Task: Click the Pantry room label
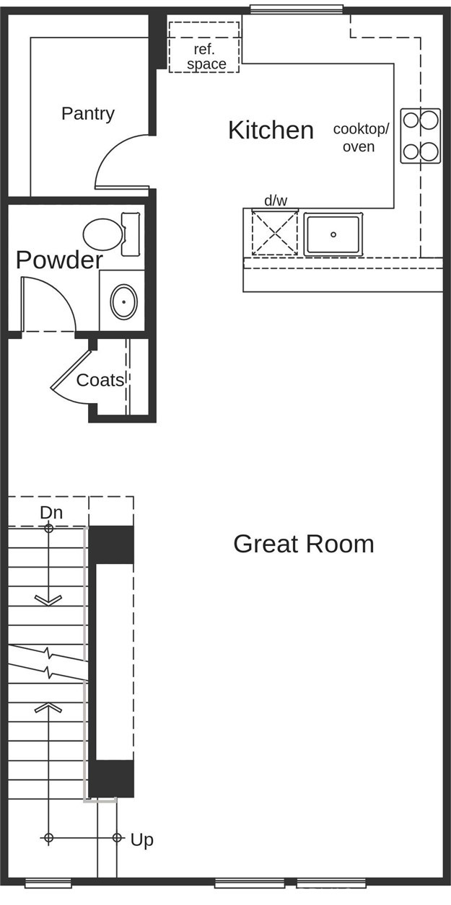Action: (88, 114)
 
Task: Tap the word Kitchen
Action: (271, 130)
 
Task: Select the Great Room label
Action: (304, 544)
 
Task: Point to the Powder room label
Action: (59, 260)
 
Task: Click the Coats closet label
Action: (100, 380)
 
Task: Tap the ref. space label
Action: (206, 56)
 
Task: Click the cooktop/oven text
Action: (361, 138)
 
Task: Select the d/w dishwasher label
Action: (276, 200)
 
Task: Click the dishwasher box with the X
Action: (275, 233)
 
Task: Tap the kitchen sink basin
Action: (333, 234)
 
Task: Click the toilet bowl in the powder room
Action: (103, 234)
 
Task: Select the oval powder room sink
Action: (124, 302)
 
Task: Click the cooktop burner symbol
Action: (420, 136)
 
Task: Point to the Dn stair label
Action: (51, 513)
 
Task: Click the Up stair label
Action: (142, 840)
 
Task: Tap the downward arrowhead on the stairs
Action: (48, 601)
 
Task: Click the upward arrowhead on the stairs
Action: (48, 707)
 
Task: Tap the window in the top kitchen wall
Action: (297, 9)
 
